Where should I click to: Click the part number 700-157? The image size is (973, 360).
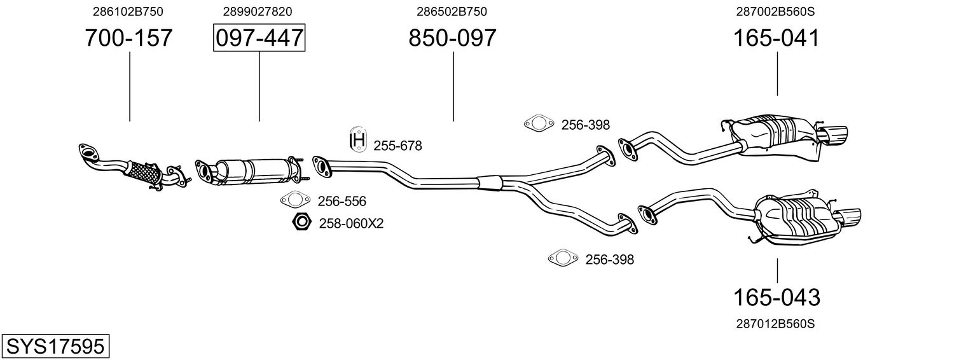[x=128, y=38]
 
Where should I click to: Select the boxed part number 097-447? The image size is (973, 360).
[x=259, y=38]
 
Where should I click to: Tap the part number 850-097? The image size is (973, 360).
[x=452, y=38]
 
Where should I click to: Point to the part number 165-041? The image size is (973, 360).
[x=776, y=38]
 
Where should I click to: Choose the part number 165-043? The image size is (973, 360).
[x=776, y=297]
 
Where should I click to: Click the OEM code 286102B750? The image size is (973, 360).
[x=128, y=11]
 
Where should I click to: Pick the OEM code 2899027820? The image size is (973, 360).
[x=258, y=11]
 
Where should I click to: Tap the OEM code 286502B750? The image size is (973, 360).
[x=452, y=11]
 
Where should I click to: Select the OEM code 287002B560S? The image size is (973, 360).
[x=775, y=11]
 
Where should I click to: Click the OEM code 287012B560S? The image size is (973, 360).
[x=775, y=324]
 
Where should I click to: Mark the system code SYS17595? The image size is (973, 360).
[x=55, y=347]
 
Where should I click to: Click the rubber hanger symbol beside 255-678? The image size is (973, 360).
[x=359, y=140]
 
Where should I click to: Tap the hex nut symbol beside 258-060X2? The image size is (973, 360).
[x=301, y=223]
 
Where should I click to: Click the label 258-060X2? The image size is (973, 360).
[x=351, y=223]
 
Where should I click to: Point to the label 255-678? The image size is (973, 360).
[x=397, y=146]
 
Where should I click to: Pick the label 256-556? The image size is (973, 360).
[x=342, y=202]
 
